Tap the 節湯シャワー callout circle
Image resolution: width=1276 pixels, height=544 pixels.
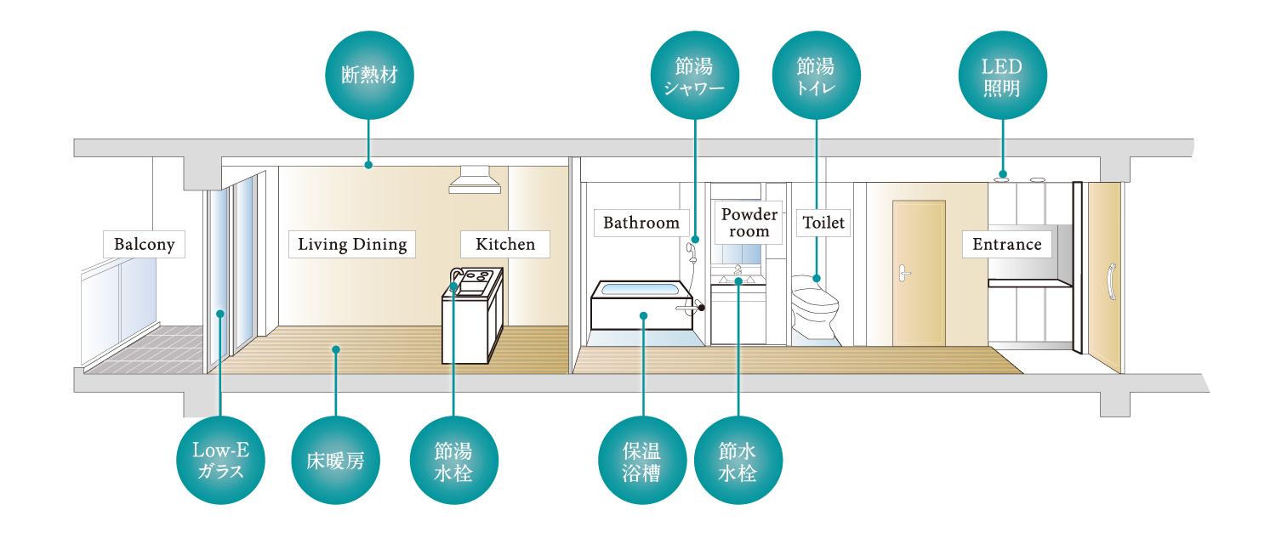tap(695, 76)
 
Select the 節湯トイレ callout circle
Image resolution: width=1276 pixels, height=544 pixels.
tap(816, 76)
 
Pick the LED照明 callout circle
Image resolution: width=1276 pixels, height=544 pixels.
tap(1002, 76)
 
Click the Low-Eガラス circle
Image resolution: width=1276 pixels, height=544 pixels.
tap(220, 460)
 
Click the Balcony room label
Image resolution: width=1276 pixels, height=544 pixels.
tap(145, 245)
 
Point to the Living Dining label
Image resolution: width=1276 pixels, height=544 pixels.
tap(352, 245)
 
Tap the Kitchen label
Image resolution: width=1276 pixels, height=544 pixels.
tap(505, 245)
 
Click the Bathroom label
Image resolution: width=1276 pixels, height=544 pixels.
tap(641, 223)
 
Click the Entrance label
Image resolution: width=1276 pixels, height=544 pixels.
tap(1007, 245)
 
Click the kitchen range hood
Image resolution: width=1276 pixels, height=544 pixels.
tap(475, 179)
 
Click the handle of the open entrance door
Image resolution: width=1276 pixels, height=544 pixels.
tap(1109, 280)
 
